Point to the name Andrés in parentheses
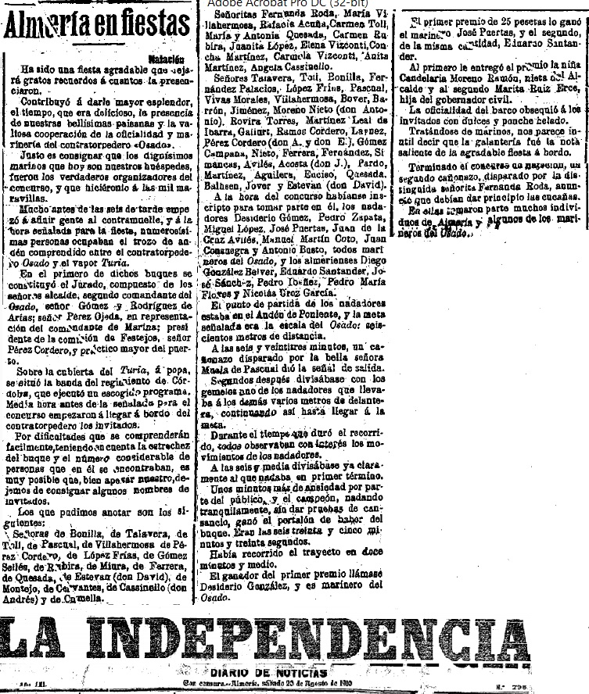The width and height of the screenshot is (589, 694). [26, 598]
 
